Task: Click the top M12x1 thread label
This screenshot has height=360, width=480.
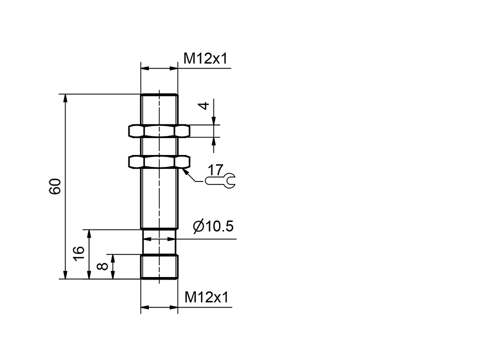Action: [x=205, y=59]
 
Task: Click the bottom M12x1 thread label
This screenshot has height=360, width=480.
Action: [x=206, y=297]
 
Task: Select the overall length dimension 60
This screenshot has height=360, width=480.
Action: [x=55, y=186]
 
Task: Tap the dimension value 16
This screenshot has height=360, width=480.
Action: [x=79, y=253]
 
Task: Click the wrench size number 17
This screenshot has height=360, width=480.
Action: [x=215, y=169]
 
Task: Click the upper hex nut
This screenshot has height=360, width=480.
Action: [x=159, y=131]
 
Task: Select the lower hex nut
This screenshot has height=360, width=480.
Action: [x=159, y=162]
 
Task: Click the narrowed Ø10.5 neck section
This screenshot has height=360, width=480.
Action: [x=159, y=242]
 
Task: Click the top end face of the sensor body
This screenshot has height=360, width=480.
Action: [x=159, y=94]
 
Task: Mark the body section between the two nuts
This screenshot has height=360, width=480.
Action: [x=159, y=146]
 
